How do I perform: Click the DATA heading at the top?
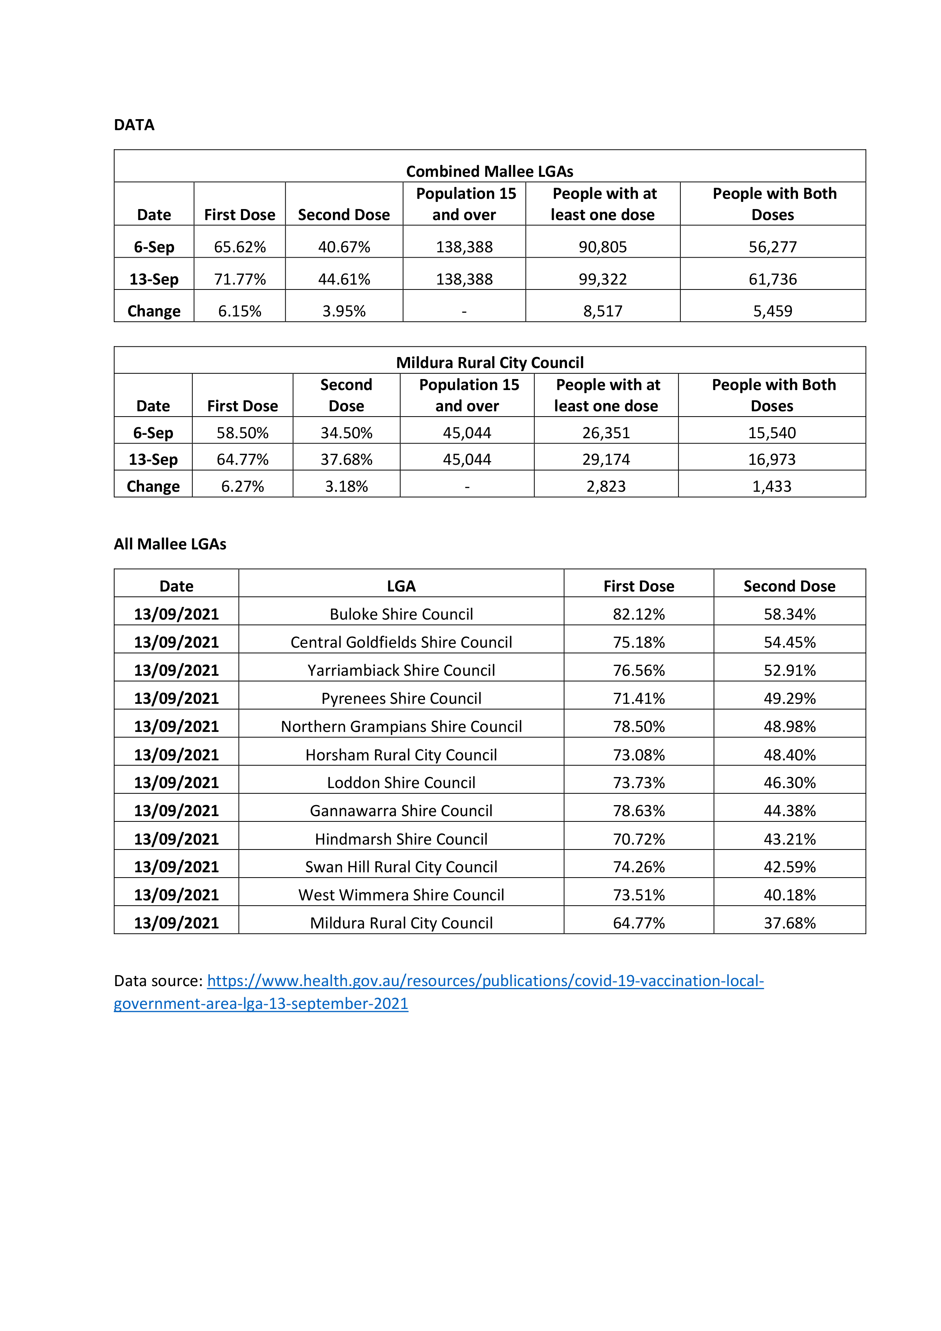click(x=134, y=125)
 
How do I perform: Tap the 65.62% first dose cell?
click(x=239, y=247)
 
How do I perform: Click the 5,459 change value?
click(x=772, y=311)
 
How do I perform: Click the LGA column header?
click(x=401, y=586)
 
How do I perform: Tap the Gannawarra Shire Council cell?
click(x=401, y=810)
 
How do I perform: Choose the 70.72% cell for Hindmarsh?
click(x=639, y=839)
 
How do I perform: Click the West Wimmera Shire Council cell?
click(x=401, y=895)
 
